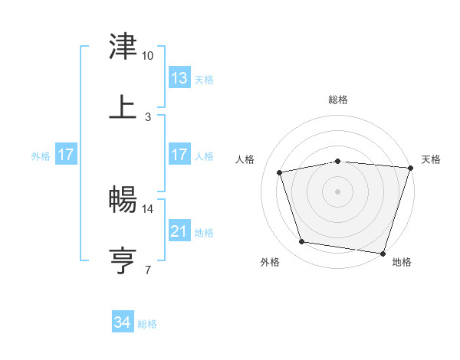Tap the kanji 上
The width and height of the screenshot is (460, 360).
point(123,106)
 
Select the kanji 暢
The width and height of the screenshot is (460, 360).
point(123,199)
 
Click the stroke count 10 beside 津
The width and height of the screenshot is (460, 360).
point(148,56)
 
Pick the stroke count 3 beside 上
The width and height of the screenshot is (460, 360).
point(148,117)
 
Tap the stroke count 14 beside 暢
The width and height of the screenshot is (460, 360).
point(148,208)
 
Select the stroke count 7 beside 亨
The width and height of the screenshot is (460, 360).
point(148,270)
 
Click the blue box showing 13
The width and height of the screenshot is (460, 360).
point(179,77)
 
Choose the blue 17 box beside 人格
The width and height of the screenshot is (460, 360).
point(179,155)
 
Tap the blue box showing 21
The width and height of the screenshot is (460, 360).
point(179,231)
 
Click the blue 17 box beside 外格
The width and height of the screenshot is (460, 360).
point(66,155)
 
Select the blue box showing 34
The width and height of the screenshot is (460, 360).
point(123,322)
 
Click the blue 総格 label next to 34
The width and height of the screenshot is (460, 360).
point(147,324)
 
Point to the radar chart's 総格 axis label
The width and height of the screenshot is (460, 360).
point(338,100)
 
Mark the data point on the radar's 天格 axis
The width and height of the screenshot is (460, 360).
point(410,169)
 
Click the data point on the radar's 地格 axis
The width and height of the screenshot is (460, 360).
point(383,253)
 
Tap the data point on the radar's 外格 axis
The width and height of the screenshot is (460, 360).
point(302,242)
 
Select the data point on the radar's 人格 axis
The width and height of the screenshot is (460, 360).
point(280,173)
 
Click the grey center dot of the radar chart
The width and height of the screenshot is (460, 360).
point(338,191)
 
